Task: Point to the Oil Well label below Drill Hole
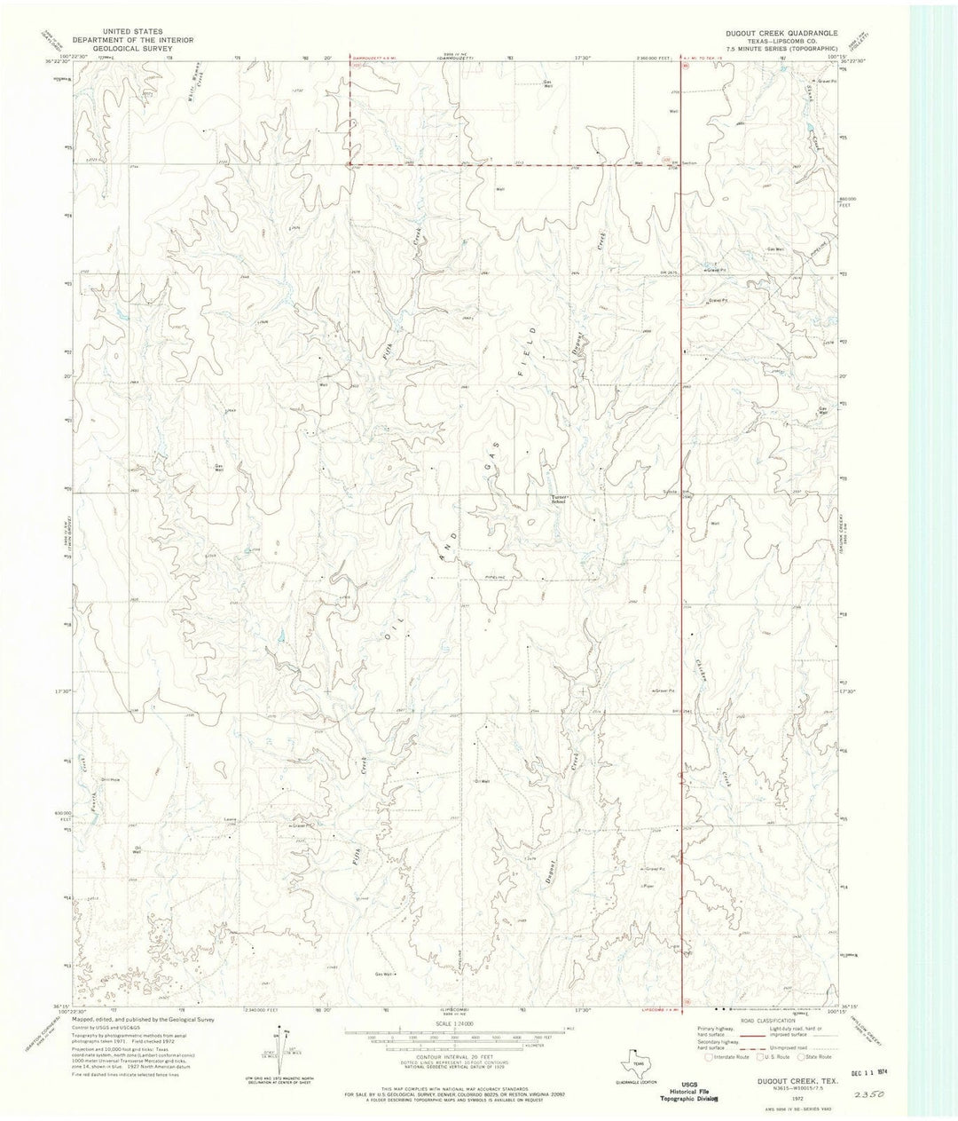tap(137, 849)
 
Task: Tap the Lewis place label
tap(230, 819)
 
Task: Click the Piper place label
tap(647, 885)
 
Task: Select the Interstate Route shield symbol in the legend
tap(706, 1056)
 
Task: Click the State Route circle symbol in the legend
tap(803, 1056)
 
